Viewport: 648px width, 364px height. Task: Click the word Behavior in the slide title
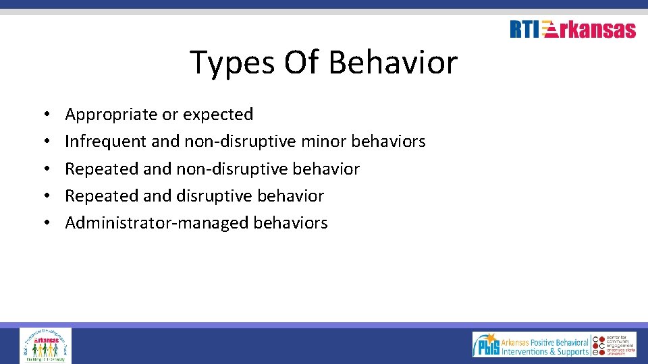pos(393,63)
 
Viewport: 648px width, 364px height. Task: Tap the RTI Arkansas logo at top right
pos(572,30)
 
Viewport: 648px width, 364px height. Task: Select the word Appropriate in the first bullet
pos(111,115)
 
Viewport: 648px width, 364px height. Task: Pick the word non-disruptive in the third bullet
pos(234,169)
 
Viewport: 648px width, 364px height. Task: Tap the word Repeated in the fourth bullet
pos(101,195)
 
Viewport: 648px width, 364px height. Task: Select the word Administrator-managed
pos(157,223)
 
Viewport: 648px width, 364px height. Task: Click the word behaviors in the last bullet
pos(290,223)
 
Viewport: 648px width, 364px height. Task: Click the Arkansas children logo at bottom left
pos(45,345)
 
